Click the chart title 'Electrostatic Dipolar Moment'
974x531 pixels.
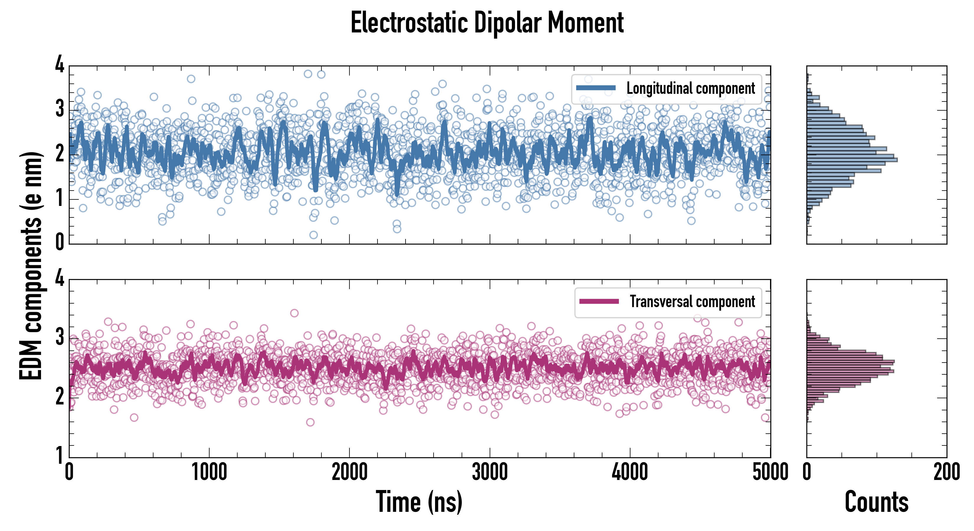tap(487, 23)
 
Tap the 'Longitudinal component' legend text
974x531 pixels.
tap(690, 88)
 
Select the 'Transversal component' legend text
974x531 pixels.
tap(692, 301)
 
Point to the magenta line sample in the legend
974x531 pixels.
tap(599, 301)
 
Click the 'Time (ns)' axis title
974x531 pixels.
tap(419, 501)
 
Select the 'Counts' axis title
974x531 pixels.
tap(876, 501)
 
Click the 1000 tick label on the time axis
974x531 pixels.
tap(209, 472)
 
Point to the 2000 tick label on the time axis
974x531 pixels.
tap(349, 472)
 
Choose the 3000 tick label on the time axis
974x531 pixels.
tap(490, 472)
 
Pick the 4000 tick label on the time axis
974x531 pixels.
tap(630, 472)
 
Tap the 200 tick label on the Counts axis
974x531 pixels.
tap(946, 472)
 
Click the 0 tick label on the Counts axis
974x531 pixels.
tap(807, 472)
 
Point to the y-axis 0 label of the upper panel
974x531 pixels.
tap(60, 242)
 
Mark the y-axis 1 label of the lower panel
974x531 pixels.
tap(60, 455)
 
